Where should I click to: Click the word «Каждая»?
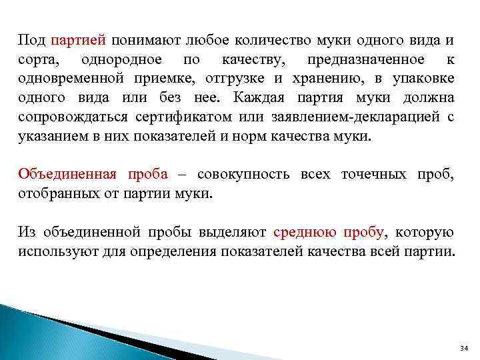[x=260, y=99]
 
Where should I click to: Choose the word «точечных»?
[x=369, y=175]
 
